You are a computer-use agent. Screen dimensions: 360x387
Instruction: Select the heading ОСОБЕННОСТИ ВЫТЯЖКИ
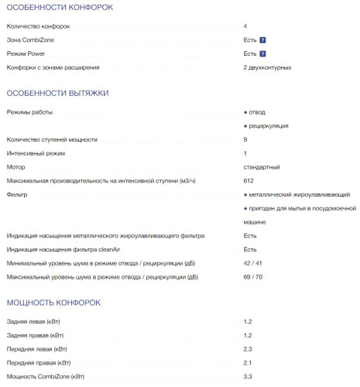(57, 93)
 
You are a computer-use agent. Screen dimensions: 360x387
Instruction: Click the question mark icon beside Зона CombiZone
(263, 39)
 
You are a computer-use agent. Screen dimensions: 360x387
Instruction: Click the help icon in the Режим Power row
(263, 53)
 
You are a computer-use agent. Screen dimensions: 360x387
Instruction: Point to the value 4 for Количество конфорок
(245, 26)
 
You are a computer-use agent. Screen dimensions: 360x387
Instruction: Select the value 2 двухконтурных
(267, 67)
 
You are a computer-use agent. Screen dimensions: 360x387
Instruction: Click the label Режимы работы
(30, 112)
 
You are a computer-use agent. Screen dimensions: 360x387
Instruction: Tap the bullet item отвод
(256, 112)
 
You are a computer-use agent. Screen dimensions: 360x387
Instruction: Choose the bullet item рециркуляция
(268, 125)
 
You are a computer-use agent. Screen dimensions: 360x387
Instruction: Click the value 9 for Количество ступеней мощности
(245, 139)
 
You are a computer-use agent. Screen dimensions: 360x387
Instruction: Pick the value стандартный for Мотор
(262, 166)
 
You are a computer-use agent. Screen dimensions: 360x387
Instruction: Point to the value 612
(249, 180)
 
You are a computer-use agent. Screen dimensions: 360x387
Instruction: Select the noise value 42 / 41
(253, 263)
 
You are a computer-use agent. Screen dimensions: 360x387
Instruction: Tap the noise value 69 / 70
(253, 276)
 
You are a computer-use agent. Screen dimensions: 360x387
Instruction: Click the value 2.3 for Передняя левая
(248, 348)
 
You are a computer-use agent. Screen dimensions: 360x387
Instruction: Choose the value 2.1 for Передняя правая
(248, 362)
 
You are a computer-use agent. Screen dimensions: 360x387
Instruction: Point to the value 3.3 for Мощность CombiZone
(248, 376)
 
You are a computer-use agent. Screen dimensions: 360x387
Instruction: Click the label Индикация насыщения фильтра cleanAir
(77, 249)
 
